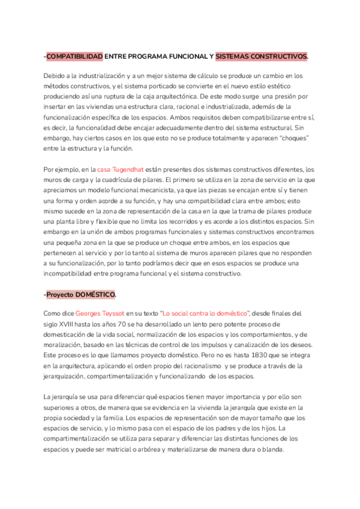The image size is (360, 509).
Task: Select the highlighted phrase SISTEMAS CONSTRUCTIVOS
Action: point(261,56)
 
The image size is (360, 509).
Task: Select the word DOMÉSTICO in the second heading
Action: point(96,295)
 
